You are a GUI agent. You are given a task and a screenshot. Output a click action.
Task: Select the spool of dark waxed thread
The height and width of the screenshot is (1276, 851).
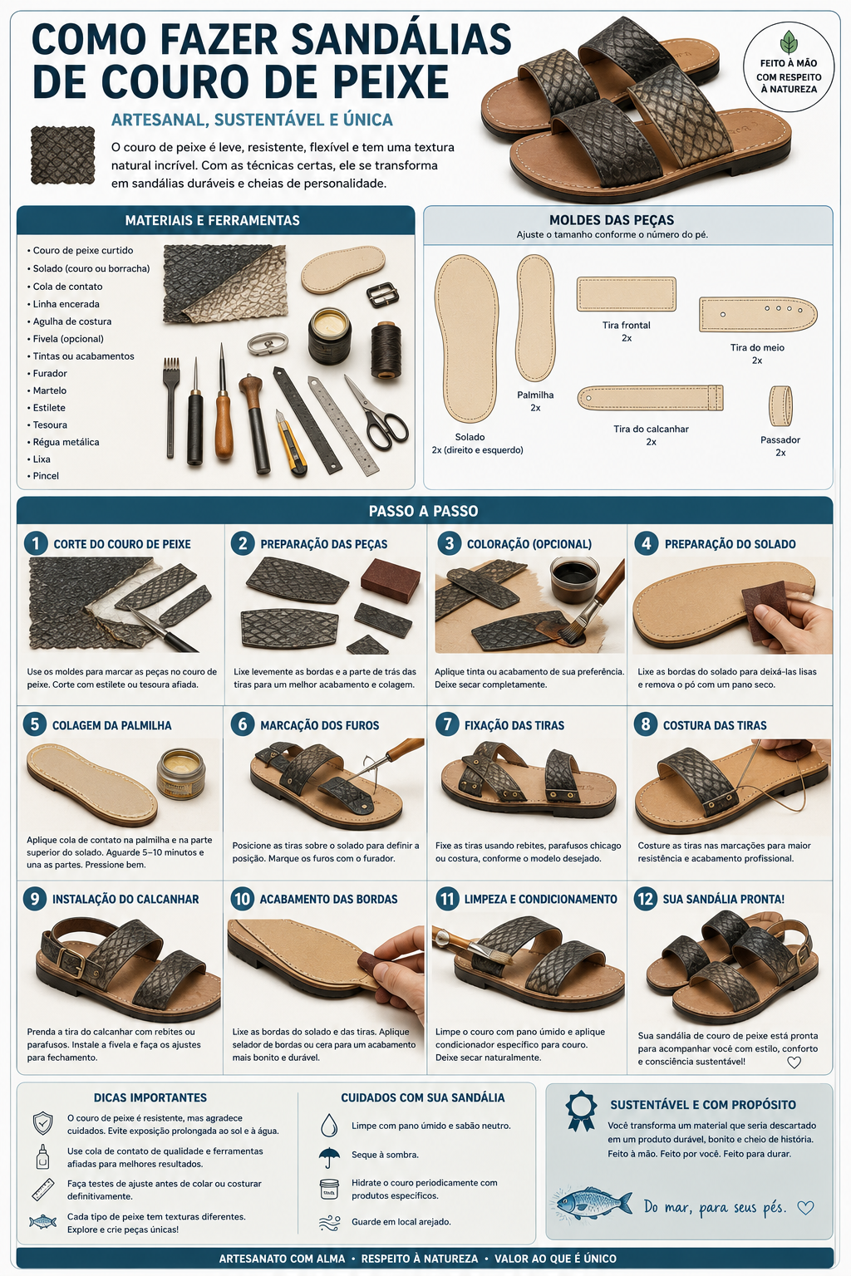pyautogui.click(x=386, y=350)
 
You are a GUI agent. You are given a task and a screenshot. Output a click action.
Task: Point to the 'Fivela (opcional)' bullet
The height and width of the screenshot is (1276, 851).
pyautogui.click(x=68, y=339)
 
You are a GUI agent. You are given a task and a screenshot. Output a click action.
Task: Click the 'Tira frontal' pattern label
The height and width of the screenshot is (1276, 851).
pyautogui.click(x=626, y=326)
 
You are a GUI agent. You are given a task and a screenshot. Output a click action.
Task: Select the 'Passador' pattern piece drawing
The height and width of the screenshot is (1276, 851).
pyautogui.click(x=780, y=405)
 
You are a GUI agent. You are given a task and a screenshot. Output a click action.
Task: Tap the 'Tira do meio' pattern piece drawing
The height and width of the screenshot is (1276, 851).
pyautogui.click(x=758, y=314)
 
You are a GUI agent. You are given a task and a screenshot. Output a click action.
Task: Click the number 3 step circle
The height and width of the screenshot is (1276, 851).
pyautogui.click(x=449, y=543)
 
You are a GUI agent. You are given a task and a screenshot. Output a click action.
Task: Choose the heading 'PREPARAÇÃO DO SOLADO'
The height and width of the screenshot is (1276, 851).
pyautogui.click(x=730, y=544)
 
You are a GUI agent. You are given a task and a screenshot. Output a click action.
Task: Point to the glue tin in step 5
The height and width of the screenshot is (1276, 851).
pyautogui.click(x=180, y=773)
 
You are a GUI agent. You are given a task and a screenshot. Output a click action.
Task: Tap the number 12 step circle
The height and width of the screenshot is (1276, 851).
pyautogui.click(x=645, y=899)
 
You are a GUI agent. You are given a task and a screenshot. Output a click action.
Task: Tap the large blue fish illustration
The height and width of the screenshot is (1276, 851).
pyautogui.click(x=594, y=1203)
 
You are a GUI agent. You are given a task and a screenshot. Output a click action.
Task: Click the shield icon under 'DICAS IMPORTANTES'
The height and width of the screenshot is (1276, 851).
pyautogui.click(x=42, y=1123)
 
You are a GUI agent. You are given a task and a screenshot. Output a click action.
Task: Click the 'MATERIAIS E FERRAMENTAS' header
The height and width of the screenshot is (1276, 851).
pyautogui.click(x=212, y=220)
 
